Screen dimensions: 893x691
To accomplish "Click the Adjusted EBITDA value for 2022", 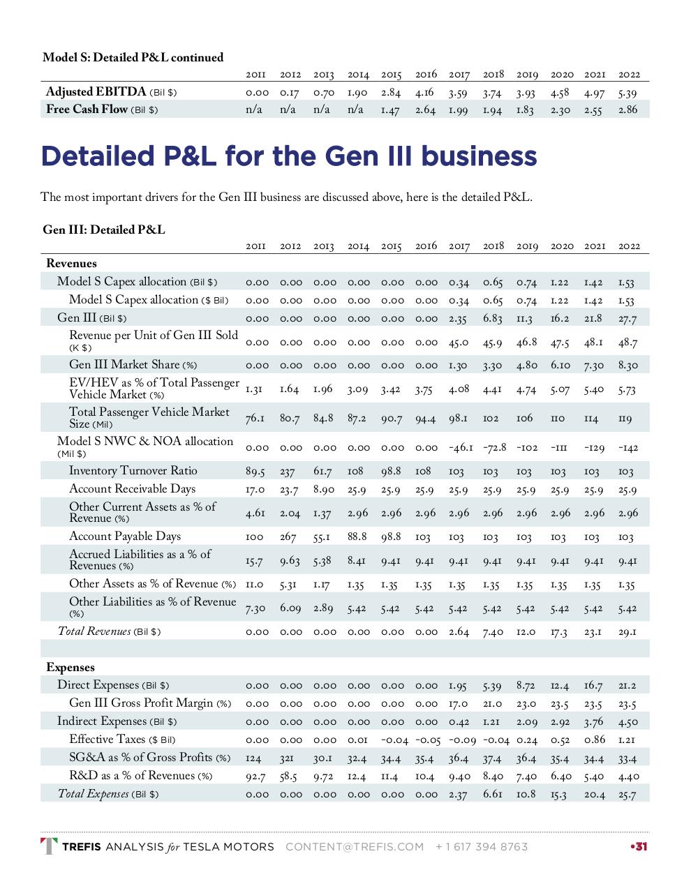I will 627,92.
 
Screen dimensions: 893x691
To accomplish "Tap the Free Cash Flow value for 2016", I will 425,110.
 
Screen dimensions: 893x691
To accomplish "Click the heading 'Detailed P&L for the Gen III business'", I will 289,156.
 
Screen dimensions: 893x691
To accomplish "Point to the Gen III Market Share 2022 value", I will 627,366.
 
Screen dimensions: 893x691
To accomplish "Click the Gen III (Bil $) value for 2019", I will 525,319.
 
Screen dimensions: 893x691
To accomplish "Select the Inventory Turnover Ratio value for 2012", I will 288,472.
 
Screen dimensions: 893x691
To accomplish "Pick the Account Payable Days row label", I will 125,536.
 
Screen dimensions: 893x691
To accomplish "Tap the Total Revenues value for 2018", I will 493,632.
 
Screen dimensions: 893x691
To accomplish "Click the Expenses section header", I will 70,668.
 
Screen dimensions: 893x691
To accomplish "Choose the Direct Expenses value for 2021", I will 593,686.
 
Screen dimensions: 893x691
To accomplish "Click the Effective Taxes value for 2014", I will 358,740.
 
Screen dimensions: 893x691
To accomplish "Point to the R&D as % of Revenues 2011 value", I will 255,776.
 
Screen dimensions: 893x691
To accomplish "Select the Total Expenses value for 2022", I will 627,795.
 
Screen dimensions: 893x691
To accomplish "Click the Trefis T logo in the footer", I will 50,846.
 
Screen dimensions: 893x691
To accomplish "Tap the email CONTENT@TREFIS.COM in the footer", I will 355,847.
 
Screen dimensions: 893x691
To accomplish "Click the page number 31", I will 639,847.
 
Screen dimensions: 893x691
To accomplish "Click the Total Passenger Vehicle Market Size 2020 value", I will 558,419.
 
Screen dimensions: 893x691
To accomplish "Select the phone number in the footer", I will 482,847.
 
